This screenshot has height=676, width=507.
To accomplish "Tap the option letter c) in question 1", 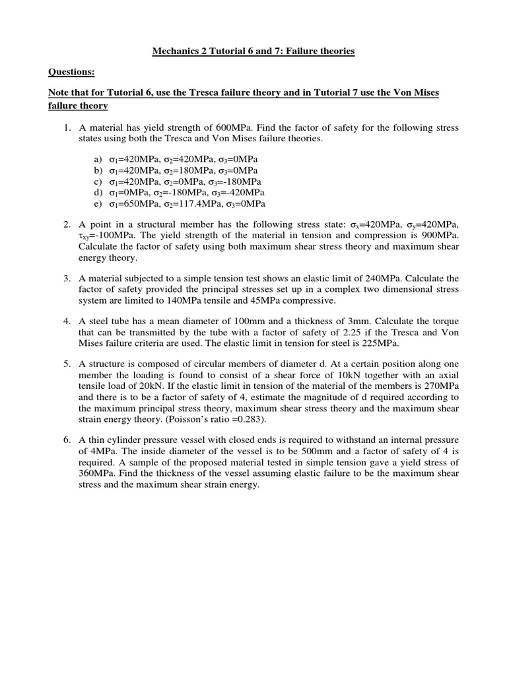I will tap(98, 182).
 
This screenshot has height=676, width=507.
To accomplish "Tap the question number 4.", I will tap(67, 321).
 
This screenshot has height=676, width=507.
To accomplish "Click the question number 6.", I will tap(67, 440).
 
